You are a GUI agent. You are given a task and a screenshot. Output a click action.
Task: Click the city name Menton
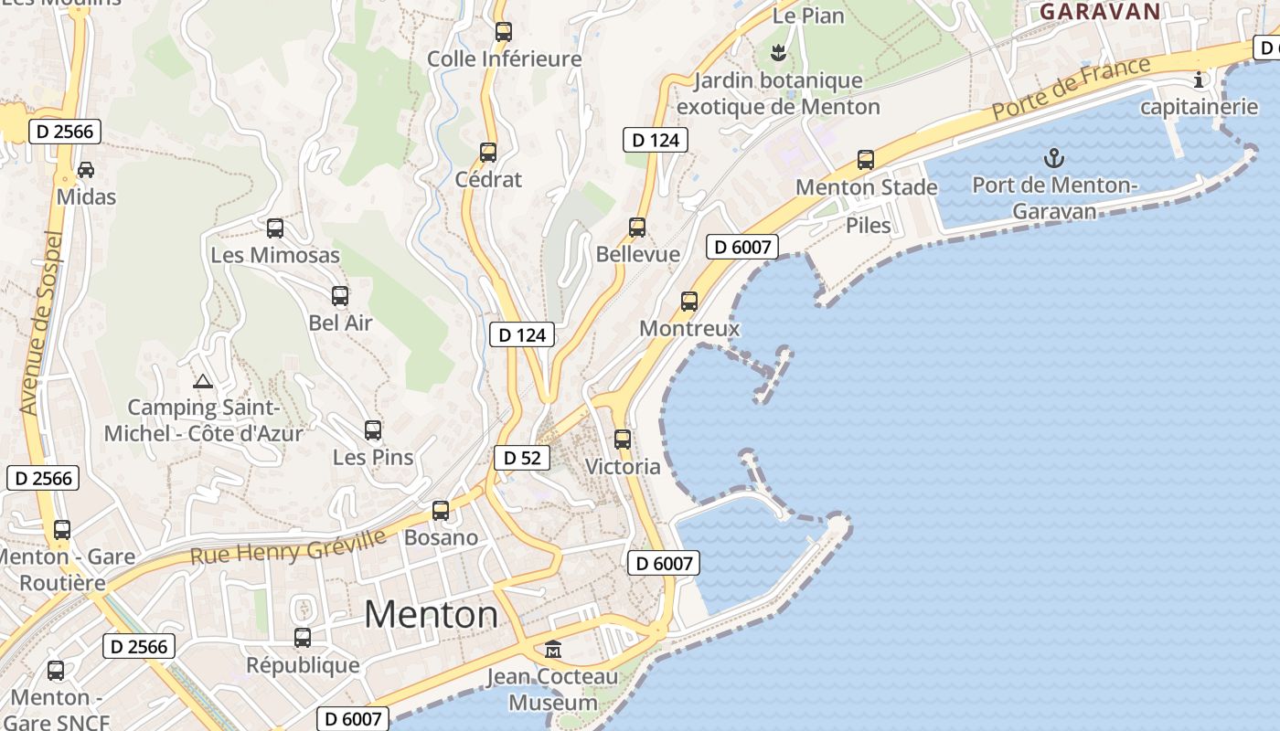[x=432, y=614]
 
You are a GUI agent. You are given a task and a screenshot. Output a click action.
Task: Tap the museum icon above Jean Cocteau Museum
[x=553, y=650]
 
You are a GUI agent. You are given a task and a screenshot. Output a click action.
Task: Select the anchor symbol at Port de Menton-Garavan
[x=1054, y=158]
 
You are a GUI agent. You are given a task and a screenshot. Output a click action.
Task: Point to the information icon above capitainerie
[x=1199, y=79]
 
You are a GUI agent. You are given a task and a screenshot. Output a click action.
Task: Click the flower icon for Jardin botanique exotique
[x=778, y=53]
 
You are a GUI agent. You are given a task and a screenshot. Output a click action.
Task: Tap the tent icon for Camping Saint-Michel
[x=203, y=380]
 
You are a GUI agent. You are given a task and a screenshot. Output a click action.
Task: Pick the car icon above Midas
[x=86, y=170]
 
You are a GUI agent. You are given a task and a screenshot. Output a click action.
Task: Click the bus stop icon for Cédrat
[x=488, y=152]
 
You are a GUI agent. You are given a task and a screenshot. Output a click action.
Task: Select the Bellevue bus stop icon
[x=637, y=228]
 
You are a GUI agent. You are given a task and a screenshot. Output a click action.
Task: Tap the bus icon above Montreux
[x=689, y=301]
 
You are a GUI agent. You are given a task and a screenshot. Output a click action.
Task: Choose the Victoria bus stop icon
[x=623, y=440]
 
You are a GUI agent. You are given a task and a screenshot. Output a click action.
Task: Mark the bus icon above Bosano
[x=441, y=511]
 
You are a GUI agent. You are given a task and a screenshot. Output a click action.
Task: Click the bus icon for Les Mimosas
[x=274, y=228]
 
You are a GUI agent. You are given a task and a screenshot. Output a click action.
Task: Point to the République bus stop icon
[x=303, y=638]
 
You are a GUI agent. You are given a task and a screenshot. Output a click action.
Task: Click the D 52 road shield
[x=522, y=458]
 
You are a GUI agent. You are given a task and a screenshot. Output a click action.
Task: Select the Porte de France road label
[x=1072, y=88]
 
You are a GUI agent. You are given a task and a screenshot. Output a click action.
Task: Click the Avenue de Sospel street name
[x=42, y=323]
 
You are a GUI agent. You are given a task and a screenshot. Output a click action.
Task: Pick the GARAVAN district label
[x=1100, y=12]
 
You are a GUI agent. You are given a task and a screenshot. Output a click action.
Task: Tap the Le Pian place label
[x=808, y=16]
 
